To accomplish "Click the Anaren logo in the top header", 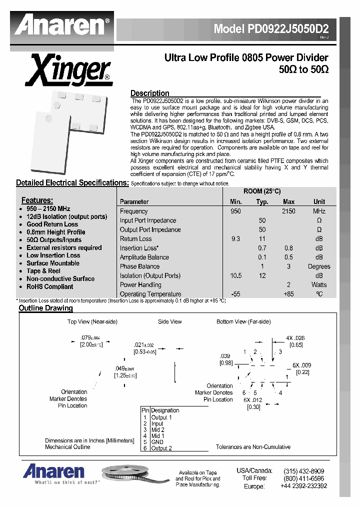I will [62, 25].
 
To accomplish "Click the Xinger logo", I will [68, 70].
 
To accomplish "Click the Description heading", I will [149, 93].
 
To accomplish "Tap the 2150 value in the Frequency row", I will [288, 211].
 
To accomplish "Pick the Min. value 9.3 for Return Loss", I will [235, 239].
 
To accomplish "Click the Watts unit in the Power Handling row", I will [319, 285].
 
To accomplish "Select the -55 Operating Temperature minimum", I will [235, 294].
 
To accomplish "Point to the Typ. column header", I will [262, 202].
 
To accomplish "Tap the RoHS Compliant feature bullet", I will [49, 287].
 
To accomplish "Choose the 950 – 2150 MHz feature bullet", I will [48, 209].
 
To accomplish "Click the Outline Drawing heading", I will [45, 308].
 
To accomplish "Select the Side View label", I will [170, 321].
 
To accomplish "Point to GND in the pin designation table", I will [157, 442].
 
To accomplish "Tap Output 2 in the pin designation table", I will [161, 448].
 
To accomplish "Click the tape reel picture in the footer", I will [132, 475].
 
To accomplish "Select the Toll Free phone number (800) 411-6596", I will [303, 478].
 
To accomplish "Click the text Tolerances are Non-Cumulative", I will [253, 447].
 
